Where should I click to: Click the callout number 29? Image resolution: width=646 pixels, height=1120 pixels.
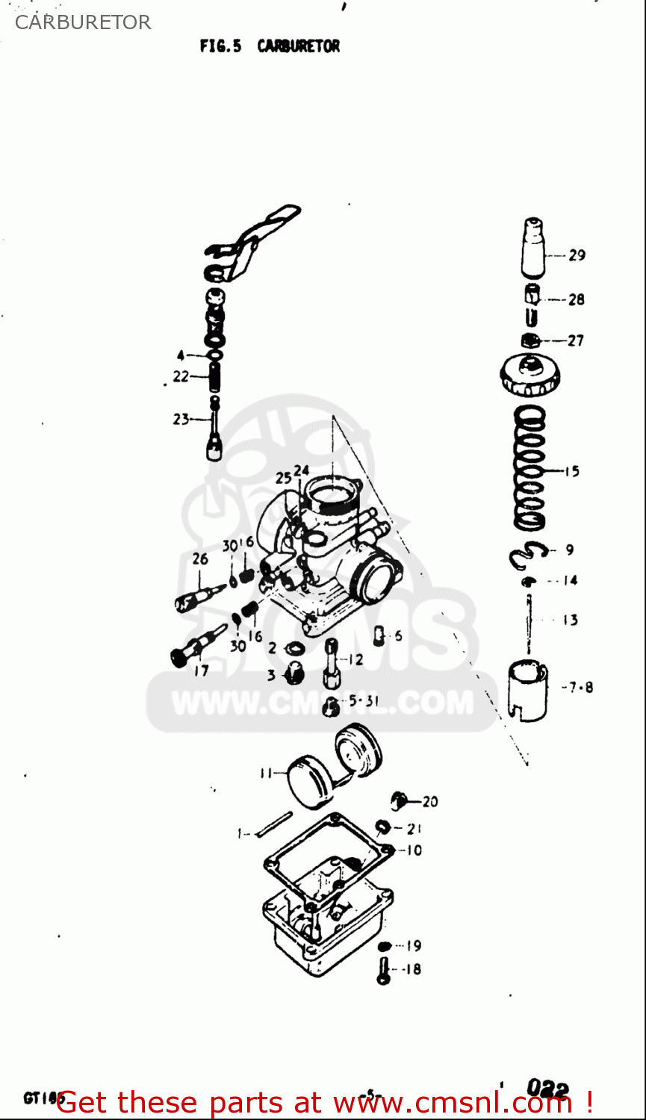pyautogui.click(x=577, y=255)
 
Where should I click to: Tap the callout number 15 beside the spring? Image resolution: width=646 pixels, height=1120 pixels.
pyautogui.click(x=571, y=471)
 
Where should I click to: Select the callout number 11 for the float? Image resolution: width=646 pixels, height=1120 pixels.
pyautogui.click(x=266, y=774)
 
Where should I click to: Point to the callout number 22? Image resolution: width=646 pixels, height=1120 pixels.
pyautogui.click(x=181, y=377)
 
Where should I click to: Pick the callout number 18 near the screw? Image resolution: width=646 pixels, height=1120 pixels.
pyautogui.click(x=411, y=969)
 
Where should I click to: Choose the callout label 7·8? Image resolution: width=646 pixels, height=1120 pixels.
pyautogui.click(x=578, y=688)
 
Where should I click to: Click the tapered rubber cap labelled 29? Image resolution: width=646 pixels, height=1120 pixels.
pyautogui.click(x=532, y=248)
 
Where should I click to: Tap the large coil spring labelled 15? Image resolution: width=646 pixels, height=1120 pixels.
pyautogui.click(x=530, y=467)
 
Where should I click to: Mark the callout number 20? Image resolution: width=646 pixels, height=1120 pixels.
pyautogui.click(x=430, y=802)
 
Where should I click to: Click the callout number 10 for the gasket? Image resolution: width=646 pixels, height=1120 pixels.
pyautogui.click(x=414, y=850)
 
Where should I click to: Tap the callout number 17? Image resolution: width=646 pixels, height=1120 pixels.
pyautogui.click(x=201, y=671)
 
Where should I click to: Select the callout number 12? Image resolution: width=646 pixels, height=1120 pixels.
pyautogui.click(x=355, y=659)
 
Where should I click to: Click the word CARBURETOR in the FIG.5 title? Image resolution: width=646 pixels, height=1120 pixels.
pyautogui.click(x=298, y=46)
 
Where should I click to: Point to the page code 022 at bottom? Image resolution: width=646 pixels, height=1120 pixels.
pyautogui.click(x=547, y=1089)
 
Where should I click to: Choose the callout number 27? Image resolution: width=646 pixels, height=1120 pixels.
pyautogui.click(x=575, y=340)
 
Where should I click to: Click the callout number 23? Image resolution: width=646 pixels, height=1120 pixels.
pyautogui.click(x=181, y=419)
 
